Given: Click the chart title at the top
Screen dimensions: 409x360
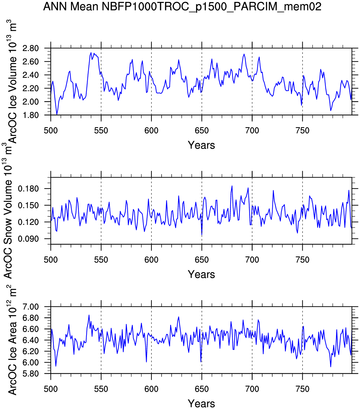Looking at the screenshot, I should click(182, 6).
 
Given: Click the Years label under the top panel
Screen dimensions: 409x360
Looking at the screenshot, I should click(201, 145).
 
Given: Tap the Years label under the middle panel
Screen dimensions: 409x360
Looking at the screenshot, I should click(201, 274).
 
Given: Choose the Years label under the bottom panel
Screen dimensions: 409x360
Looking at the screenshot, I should click(201, 404).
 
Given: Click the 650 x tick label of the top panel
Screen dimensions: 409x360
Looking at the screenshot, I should click(202, 131).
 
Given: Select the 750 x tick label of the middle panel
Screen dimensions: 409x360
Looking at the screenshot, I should click(302, 260).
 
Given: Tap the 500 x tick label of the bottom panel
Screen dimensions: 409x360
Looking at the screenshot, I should click(51, 389).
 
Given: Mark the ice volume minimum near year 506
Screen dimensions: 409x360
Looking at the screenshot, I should click(57, 114).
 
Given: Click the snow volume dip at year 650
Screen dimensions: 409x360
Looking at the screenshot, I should click(202, 235).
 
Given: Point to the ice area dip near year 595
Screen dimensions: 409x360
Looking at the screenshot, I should click(146, 361).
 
